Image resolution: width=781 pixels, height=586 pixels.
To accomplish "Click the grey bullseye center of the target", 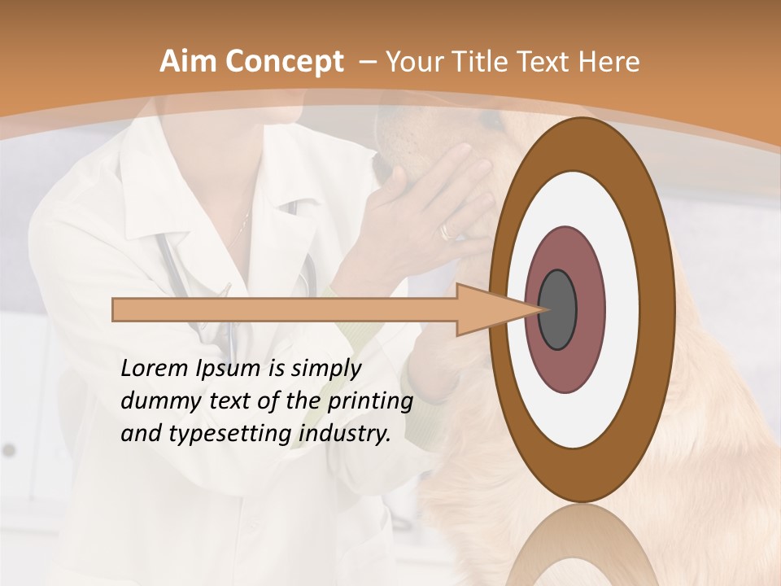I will coord(557,309).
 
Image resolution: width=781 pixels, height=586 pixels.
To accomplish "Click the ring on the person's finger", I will coord(448,231).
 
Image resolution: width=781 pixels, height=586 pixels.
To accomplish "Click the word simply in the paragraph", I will coord(325,369).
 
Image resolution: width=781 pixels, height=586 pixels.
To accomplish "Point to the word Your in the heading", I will coord(412,62).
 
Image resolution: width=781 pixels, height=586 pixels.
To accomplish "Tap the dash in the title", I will coord(367,62).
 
